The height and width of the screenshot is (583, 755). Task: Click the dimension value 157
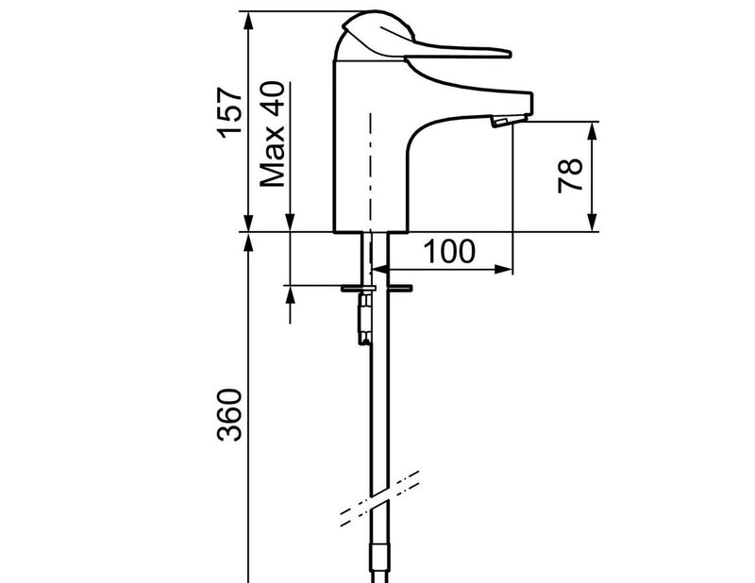point(228,113)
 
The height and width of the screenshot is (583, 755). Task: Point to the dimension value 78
point(570,175)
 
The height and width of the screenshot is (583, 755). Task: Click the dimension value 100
point(449,251)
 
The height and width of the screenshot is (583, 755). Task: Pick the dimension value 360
point(228,414)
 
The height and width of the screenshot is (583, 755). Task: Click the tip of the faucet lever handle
point(509,53)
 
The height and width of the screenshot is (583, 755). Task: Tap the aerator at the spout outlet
point(501,122)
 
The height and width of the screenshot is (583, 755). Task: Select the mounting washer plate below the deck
point(376,289)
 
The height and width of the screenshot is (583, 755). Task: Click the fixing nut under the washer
point(364,319)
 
